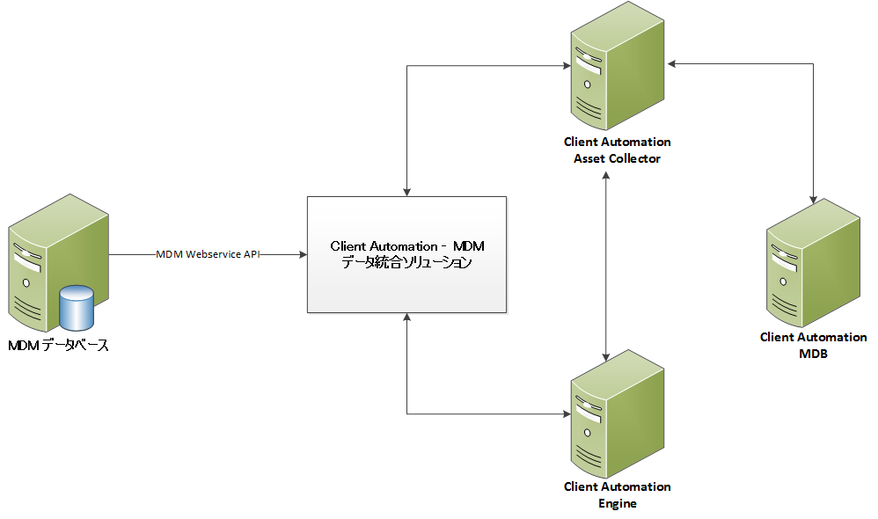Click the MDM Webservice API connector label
click(x=208, y=254)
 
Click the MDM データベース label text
click(x=59, y=346)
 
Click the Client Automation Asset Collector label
click(x=617, y=150)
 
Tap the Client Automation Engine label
click(x=617, y=495)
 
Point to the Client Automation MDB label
click(x=813, y=346)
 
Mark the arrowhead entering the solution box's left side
click(x=302, y=254)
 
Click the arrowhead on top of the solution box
click(x=407, y=190)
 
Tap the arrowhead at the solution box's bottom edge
click(x=407, y=318)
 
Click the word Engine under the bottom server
click(x=617, y=504)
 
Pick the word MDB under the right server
click(x=813, y=355)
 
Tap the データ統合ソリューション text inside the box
click(x=406, y=263)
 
